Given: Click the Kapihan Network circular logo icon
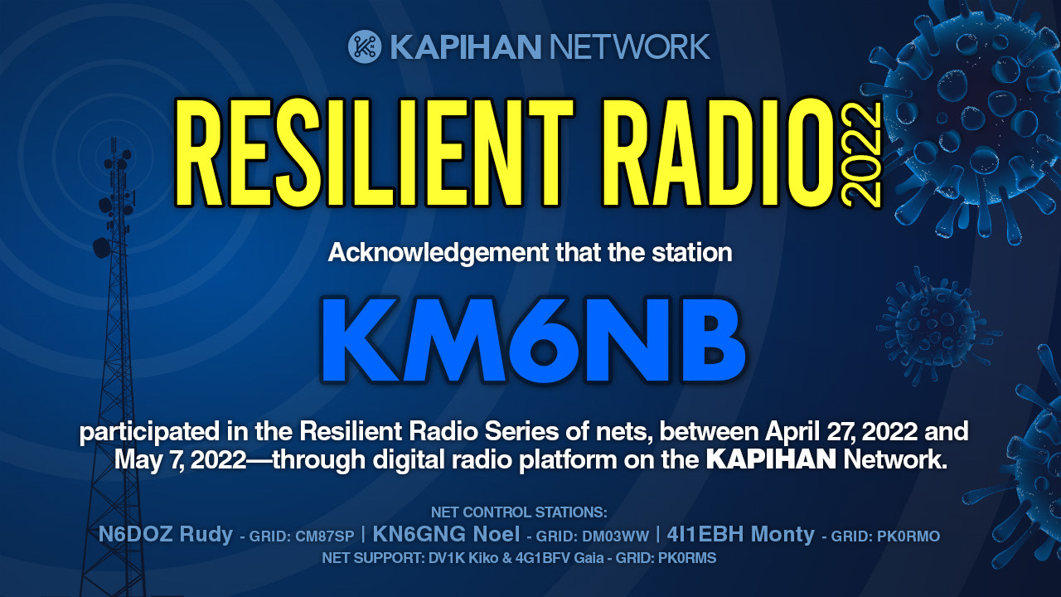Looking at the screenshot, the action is (364, 46).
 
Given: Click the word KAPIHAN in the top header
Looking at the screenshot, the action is (466, 47).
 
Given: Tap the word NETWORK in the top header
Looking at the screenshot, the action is (629, 47).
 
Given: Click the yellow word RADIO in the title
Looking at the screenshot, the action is (718, 153).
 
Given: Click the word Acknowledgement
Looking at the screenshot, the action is (438, 254).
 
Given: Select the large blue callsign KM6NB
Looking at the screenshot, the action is (533, 340).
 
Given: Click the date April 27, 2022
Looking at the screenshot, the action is (841, 432).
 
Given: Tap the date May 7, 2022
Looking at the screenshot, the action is (180, 460).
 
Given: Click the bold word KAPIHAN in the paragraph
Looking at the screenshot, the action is (771, 459).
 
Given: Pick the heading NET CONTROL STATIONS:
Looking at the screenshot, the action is (519, 512).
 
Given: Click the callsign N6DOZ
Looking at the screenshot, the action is (135, 535).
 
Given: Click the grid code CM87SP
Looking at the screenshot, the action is (324, 536).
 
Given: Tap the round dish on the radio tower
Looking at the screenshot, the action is (101, 248).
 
